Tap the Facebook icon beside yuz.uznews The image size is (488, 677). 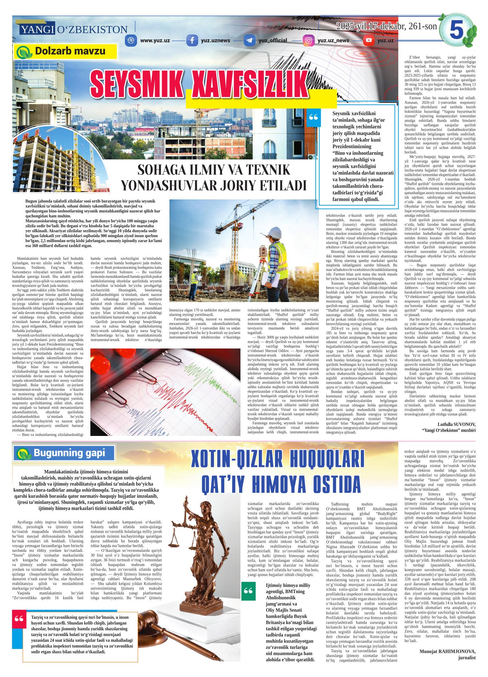tap(193, 41)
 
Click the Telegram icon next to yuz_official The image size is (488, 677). tap(249, 41)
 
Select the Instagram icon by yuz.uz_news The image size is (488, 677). tap(309, 41)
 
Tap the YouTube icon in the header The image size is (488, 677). tap(368, 41)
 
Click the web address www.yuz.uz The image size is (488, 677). tap(155, 41)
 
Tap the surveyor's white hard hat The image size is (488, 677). tap(276, 231)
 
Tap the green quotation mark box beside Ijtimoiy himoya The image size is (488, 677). tap(248, 591)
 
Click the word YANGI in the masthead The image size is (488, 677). tap(37, 30)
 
